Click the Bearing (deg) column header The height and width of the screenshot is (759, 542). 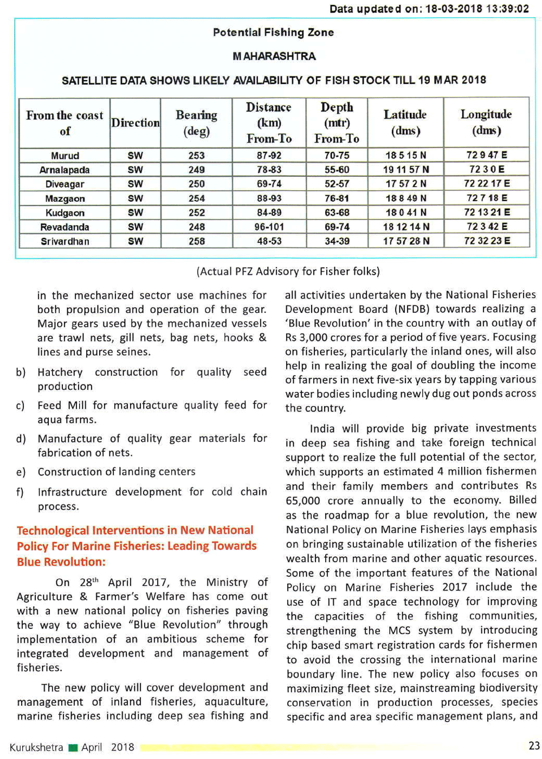point(196,123)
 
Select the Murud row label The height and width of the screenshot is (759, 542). point(65,156)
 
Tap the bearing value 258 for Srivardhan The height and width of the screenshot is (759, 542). point(196,241)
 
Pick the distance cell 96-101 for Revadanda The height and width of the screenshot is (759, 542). point(269,227)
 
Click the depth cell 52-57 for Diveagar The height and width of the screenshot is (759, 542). point(337,184)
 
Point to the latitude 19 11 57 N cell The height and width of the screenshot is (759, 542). point(405,170)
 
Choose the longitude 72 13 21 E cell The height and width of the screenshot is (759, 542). point(486,212)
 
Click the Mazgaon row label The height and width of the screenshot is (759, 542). point(65,198)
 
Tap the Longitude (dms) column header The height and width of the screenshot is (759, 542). point(486,122)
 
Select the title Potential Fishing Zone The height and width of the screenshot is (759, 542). point(273,33)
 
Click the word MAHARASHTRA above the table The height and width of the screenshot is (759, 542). point(274,56)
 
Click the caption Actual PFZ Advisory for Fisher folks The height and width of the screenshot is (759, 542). point(288,271)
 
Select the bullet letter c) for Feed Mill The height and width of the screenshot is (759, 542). point(21,406)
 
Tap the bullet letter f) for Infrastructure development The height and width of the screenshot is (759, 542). point(21,492)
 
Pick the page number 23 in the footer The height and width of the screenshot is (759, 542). point(533,746)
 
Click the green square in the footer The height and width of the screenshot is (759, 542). point(73,748)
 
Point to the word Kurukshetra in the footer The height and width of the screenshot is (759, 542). point(36,747)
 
